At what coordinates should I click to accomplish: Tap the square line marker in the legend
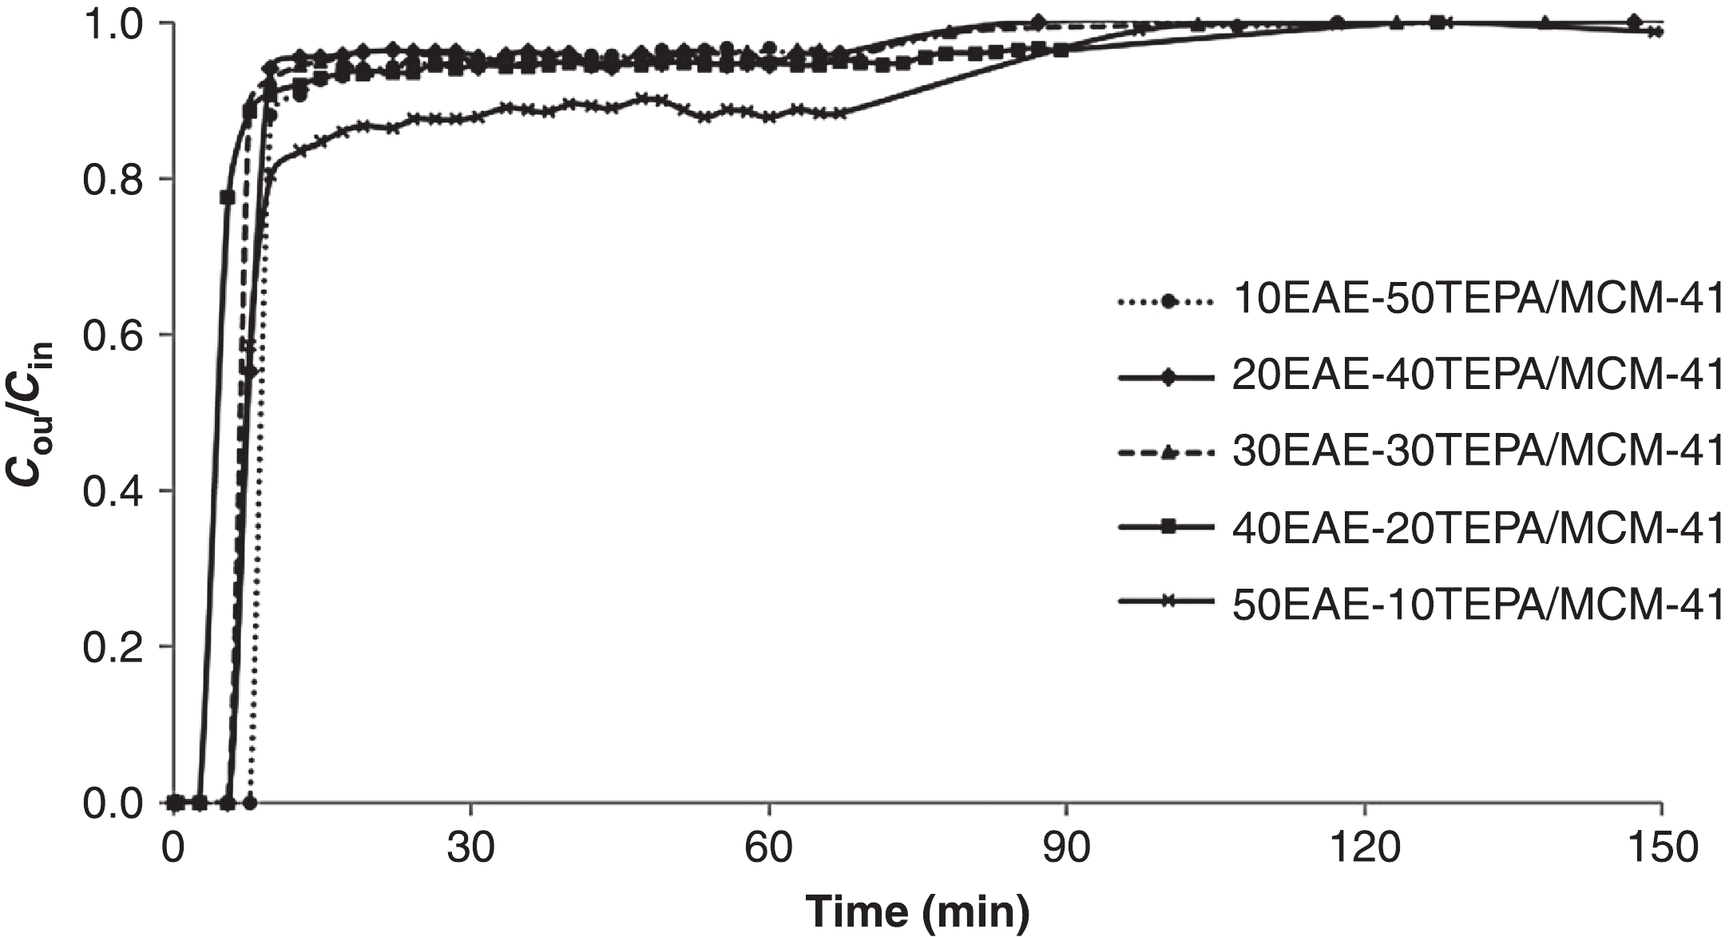tap(1168, 527)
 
